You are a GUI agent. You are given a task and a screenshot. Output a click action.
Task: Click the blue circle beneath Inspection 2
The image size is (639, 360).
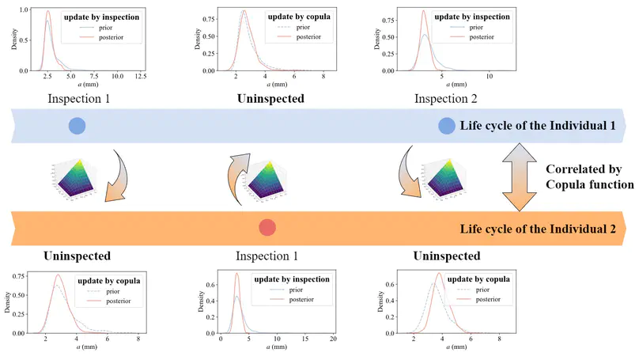coord(447,125)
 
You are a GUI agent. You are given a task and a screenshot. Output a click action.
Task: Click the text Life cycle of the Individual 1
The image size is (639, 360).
coord(537,126)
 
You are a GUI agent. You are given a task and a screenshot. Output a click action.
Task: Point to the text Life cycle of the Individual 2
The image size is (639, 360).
coord(537,229)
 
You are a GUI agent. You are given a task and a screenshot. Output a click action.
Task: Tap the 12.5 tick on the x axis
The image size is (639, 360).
coord(140,76)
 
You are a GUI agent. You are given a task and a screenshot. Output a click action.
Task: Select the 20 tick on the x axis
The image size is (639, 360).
coord(332,339)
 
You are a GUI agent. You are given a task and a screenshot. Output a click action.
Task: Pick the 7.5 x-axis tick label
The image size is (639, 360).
coord(93,76)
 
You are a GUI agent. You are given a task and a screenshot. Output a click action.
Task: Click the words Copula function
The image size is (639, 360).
coord(589,185)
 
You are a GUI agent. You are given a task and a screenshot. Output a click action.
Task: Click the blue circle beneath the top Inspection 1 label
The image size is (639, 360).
coord(77,125)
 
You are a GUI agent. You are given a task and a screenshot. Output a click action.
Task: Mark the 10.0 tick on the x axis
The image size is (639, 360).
coord(116,76)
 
